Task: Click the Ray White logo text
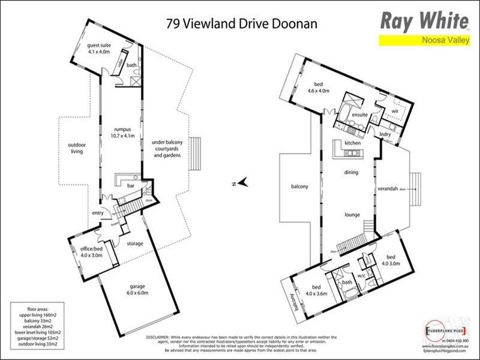pyautogui.click(x=424, y=21)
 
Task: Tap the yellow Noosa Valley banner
pyautogui.click(x=424, y=40)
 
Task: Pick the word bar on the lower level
pyautogui.click(x=130, y=186)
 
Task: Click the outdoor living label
pyautogui.click(x=76, y=148)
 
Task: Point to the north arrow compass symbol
pyautogui.click(x=241, y=182)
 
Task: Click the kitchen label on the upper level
pyautogui.click(x=352, y=143)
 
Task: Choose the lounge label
pyautogui.click(x=351, y=213)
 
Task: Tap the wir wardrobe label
pyautogui.click(x=395, y=110)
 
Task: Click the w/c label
pyautogui.click(x=361, y=277)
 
